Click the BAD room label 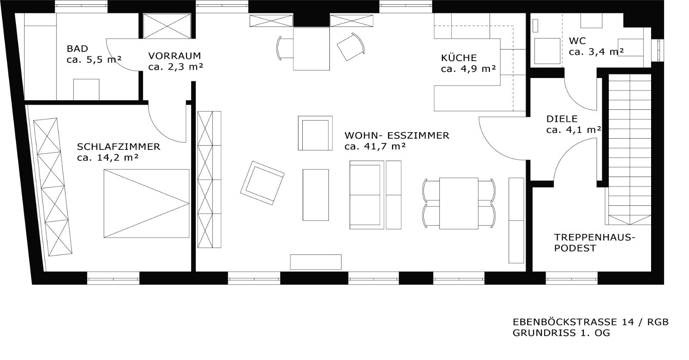tap(77, 49)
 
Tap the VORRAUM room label tap(174, 56)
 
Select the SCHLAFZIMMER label tap(118, 146)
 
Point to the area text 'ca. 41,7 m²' tap(375, 146)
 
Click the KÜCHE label tap(459, 58)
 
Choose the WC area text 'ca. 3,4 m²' tap(596, 52)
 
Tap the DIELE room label tap(562, 119)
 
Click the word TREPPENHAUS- tap(594, 237)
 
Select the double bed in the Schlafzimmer tap(146, 203)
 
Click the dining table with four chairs tap(458, 203)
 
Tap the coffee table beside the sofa tap(315, 195)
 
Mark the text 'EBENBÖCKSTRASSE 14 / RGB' tap(590, 322)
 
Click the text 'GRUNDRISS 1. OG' tap(561, 333)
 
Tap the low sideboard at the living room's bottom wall tap(315, 262)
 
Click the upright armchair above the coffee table tap(315, 133)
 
